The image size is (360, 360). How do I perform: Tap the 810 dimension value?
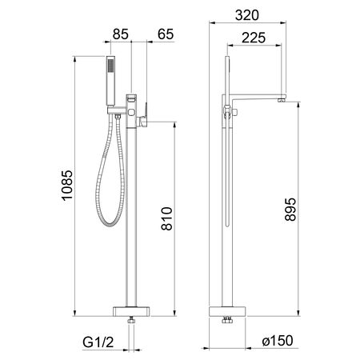tap(167, 218)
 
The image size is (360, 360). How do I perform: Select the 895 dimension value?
tap(290, 210)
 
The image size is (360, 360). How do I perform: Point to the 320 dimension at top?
tap(247, 15)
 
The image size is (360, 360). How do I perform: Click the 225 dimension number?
tap(254, 38)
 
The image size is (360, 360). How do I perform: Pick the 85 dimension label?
tap(121, 34)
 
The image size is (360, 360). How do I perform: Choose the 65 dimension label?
tap(166, 34)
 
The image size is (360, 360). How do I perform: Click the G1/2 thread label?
tap(98, 342)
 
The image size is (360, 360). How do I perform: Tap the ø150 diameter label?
tap(278, 341)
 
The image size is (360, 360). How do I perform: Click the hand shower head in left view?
tap(110, 81)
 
